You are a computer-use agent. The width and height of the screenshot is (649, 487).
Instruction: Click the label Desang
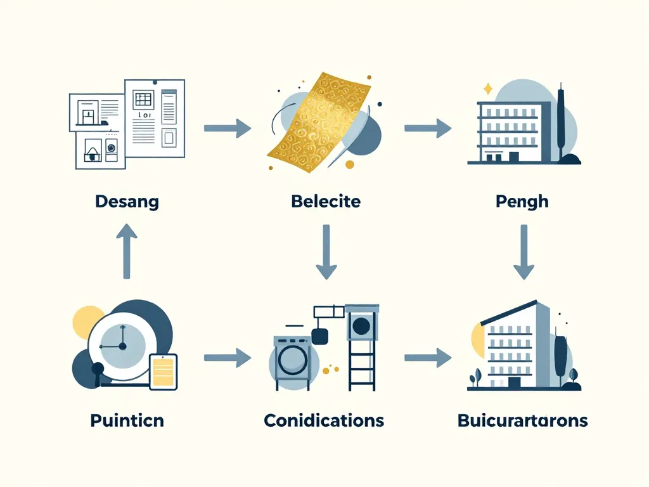127,202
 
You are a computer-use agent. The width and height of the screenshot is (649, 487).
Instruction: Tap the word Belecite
326,202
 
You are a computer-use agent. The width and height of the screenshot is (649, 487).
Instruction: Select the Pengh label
523,202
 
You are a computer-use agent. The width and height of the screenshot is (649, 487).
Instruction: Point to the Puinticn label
127,420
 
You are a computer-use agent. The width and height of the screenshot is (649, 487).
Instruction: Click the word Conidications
324,420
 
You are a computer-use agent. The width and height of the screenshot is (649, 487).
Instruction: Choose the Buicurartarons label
522,420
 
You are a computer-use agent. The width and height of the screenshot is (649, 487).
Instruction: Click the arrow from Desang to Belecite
228,128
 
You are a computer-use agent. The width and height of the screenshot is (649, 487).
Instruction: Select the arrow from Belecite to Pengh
428,128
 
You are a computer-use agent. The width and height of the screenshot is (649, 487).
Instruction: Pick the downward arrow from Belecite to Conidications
326,252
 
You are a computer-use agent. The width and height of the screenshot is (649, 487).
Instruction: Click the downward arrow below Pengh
524,252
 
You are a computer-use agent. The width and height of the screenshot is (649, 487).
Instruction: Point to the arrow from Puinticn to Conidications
228,358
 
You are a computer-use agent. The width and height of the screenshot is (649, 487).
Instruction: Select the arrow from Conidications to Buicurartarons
428,358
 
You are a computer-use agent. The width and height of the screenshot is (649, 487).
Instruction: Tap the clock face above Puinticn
120,346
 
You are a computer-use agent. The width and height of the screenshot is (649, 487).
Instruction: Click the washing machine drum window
292,360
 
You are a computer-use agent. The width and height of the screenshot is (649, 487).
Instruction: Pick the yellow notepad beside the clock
164,371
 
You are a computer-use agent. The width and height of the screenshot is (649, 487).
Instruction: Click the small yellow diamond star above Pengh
487,89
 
